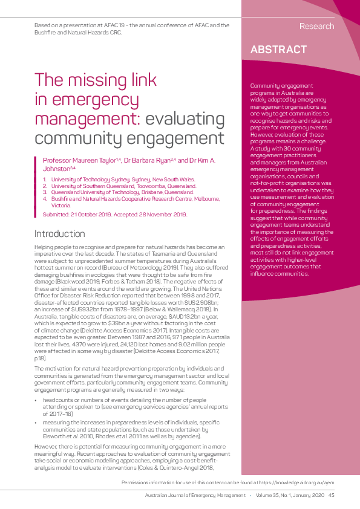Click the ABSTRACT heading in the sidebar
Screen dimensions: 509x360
278,50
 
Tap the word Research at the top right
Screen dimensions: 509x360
316,26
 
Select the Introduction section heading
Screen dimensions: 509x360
60,233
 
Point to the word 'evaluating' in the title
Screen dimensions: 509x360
187,118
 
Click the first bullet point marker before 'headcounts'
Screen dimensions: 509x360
36,400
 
